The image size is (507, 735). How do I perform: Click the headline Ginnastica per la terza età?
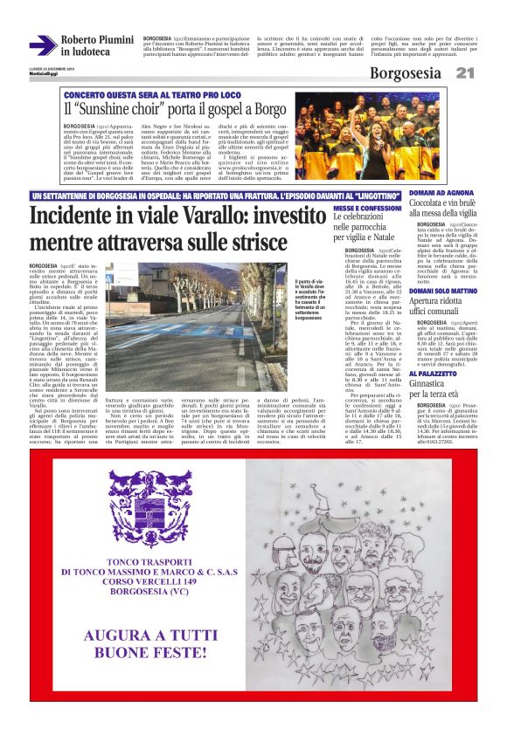pyautogui.click(x=434, y=388)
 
